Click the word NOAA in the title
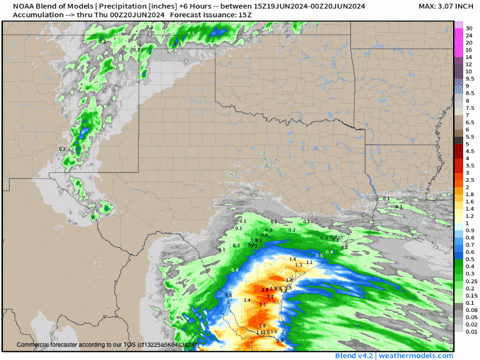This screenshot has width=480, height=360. [18, 7]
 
